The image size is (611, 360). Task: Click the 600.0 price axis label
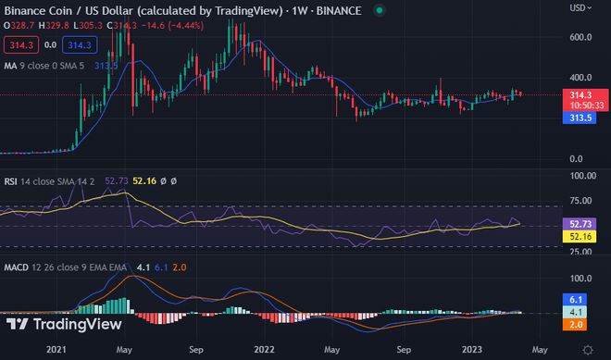pyautogui.click(x=581, y=37)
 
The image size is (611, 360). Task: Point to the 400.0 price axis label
pyautogui.click(x=581, y=78)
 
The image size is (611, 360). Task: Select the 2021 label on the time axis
pyautogui.click(x=57, y=351)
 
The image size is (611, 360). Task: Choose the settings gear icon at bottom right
pyautogui.click(x=587, y=349)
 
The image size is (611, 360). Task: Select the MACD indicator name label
pyautogui.click(x=17, y=268)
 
